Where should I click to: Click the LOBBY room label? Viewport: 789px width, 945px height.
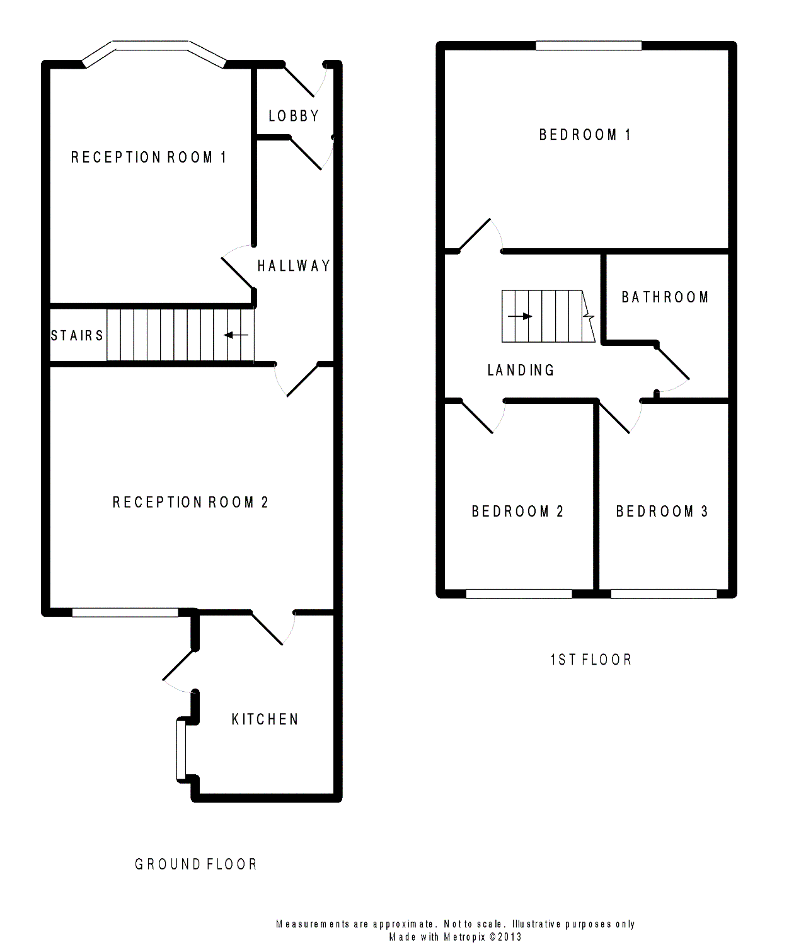pyautogui.click(x=294, y=117)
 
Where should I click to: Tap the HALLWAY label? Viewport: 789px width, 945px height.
pyautogui.click(x=294, y=266)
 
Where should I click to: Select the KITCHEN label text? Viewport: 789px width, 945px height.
pyautogui.click(x=265, y=719)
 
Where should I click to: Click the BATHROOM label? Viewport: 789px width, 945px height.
pyautogui.click(x=665, y=297)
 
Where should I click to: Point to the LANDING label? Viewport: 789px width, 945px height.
pyautogui.click(x=521, y=370)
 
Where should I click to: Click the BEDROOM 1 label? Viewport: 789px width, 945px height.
pyautogui.click(x=585, y=135)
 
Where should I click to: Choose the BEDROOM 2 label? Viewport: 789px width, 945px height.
pyautogui.click(x=517, y=512)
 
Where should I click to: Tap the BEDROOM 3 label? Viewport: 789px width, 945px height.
pyautogui.click(x=662, y=512)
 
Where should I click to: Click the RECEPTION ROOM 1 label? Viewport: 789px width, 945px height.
pyautogui.click(x=148, y=157)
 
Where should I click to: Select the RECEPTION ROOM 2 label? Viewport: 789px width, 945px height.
pyautogui.click(x=190, y=503)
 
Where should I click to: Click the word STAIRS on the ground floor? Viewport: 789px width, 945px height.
pyautogui.click(x=77, y=336)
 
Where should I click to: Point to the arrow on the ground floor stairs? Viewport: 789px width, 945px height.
pyautogui.click(x=236, y=335)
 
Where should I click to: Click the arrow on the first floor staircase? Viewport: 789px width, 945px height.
pyautogui.click(x=520, y=316)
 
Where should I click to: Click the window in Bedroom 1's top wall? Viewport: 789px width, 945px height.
pyautogui.click(x=589, y=45)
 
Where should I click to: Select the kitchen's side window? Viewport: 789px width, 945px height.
pyautogui.click(x=181, y=750)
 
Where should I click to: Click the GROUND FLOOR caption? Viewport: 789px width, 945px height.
pyautogui.click(x=196, y=864)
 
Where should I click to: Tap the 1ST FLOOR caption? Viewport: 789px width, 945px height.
pyautogui.click(x=590, y=660)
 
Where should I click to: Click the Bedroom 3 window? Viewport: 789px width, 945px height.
pyautogui.click(x=664, y=593)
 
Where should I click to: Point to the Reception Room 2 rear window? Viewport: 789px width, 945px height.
pyautogui.click(x=125, y=612)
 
